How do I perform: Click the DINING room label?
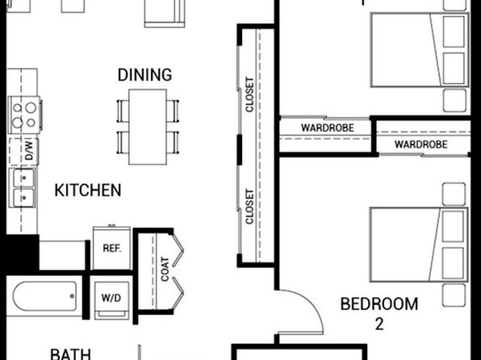(x=144, y=75)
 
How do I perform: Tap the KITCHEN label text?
(x=88, y=190)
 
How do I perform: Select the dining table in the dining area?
(x=148, y=127)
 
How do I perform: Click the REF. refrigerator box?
(x=111, y=248)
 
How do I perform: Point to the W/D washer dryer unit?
(x=111, y=300)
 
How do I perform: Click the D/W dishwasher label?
(x=28, y=151)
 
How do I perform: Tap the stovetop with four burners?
(x=24, y=115)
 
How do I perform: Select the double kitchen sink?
(x=23, y=187)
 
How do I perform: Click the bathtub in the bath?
(x=44, y=296)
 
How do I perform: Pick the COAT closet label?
(x=165, y=270)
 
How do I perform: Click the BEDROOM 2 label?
(x=379, y=313)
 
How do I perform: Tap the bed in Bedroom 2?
(x=419, y=245)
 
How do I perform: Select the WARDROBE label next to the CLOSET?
(x=328, y=128)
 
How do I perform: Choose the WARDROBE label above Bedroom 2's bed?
(x=421, y=144)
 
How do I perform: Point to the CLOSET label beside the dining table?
(x=249, y=94)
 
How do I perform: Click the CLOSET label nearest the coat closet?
(x=249, y=207)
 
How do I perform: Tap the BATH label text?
(x=70, y=354)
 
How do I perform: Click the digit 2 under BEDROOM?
(x=379, y=324)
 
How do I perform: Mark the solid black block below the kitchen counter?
(x=23, y=253)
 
